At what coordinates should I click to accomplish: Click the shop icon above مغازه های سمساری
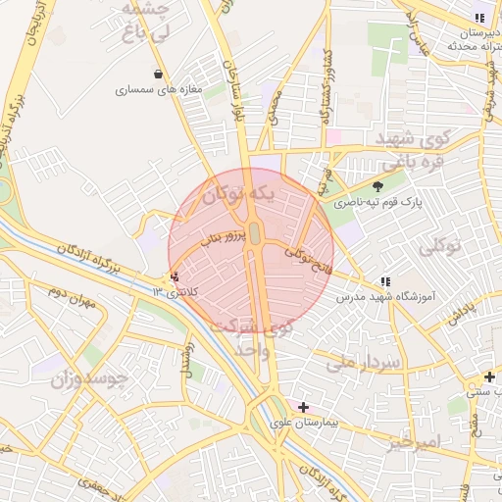click(x=159, y=74)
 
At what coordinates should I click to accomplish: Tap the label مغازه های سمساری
click(x=158, y=89)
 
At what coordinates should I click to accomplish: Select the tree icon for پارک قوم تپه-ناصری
click(x=378, y=186)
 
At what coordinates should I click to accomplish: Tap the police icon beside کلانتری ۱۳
click(x=175, y=277)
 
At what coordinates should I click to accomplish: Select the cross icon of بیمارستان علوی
click(x=303, y=407)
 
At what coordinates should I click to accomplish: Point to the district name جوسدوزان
click(x=88, y=377)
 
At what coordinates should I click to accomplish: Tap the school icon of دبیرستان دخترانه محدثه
click(x=479, y=18)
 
